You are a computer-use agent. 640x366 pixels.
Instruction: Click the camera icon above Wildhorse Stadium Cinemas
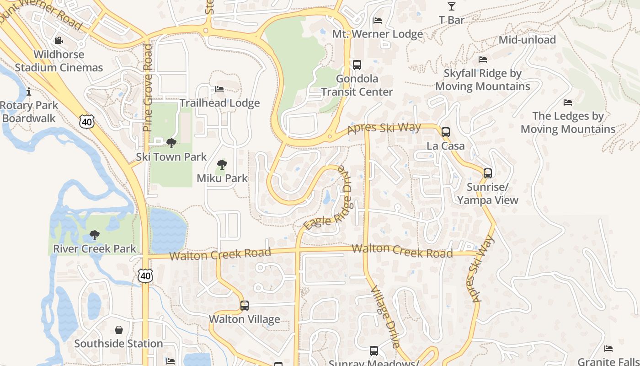[59, 41]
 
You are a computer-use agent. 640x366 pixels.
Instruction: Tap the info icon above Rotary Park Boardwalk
[29, 91]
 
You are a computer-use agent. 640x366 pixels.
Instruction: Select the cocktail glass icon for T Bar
[452, 6]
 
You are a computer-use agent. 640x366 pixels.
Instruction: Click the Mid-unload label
[527, 40]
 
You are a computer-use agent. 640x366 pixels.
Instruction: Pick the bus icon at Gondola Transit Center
[357, 65]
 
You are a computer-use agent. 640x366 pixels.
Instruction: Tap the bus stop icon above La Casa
[446, 132]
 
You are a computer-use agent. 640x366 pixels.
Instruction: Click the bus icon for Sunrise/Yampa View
[488, 173]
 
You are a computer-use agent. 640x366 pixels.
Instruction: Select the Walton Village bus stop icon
[245, 305]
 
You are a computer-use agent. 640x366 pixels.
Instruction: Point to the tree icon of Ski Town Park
[171, 143]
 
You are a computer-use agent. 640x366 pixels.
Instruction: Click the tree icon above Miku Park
[222, 165]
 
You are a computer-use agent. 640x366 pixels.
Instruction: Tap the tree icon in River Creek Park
[95, 235]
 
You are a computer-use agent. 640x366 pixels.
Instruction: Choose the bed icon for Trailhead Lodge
[219, 89]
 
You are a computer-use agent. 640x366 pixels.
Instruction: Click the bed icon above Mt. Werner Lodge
[378, 20]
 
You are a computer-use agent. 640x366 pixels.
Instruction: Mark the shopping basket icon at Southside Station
[119, 330]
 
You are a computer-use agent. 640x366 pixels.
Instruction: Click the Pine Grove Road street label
[147, 88]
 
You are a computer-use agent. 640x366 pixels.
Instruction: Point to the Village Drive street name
[385, 317]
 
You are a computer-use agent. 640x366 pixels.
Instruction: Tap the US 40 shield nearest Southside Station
[145, 276]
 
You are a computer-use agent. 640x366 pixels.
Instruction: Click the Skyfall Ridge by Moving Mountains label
[483, 80]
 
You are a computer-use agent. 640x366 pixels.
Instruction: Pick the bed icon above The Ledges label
[568, 102]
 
